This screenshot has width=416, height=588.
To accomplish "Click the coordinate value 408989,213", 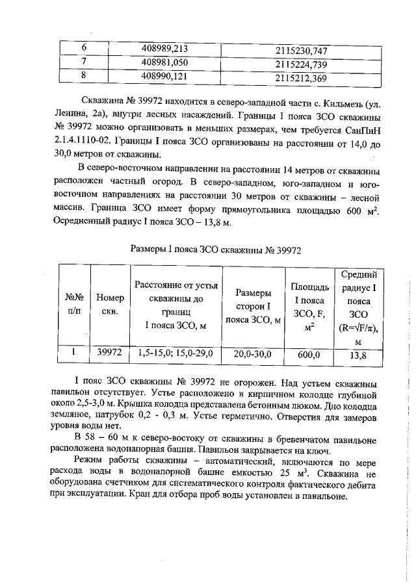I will pyautogui.click(x=165, y=48).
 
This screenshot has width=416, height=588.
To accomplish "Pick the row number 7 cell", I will pyautogui.click(x=83, y=63).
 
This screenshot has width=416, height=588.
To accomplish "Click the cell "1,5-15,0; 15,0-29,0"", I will pyautogui.click(x=175, y=353).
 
